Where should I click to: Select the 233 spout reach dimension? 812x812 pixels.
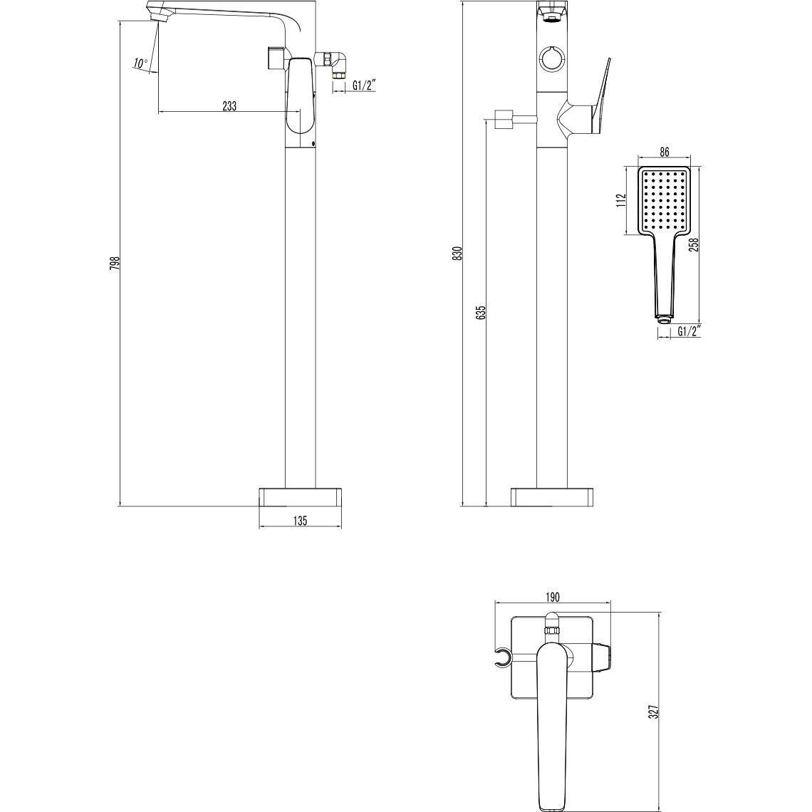click(x=229, y=105)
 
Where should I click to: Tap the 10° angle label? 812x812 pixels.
click(x=140, y=63)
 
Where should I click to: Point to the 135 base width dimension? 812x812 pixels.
click(x=300, y=521)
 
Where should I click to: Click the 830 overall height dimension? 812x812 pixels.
click(x=458, y=253)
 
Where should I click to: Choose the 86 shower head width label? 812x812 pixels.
click(x=664, y=152)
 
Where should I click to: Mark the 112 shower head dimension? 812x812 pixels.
click(x=622, y=200)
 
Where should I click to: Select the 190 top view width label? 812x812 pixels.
click(x=553, y=597)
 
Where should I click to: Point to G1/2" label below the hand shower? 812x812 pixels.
click(x=689, y=331)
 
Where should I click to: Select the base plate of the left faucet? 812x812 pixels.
click(x=300, y=497)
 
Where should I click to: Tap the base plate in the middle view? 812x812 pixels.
click(x=552, y=497)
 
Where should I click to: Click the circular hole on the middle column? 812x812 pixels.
click(x=551, y=58)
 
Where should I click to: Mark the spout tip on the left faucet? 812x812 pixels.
click(x=157, y=15)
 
